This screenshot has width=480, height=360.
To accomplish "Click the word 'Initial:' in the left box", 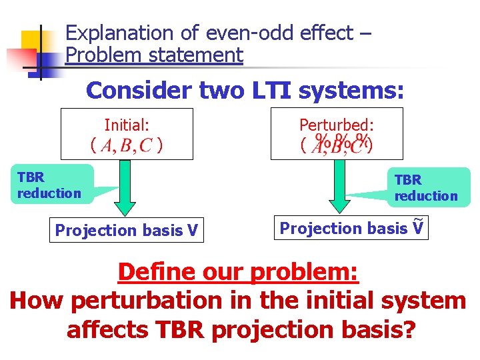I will (x=127, y=124).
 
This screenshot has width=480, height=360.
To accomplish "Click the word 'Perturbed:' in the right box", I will (x=336, y=124).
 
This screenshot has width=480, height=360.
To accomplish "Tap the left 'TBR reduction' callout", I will (x=50, y=185).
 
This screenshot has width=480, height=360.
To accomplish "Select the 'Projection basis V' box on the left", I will (x=127, y=230).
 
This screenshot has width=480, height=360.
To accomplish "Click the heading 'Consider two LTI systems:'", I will (x=245, y=90).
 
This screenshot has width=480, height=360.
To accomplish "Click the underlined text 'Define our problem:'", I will (x=238, y=271).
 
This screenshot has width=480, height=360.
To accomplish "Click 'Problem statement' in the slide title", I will (x=155, y=55).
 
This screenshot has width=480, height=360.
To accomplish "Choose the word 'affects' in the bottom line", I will (x=109, y=329).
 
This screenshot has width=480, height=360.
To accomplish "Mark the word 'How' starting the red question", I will (x=36, y=301).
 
